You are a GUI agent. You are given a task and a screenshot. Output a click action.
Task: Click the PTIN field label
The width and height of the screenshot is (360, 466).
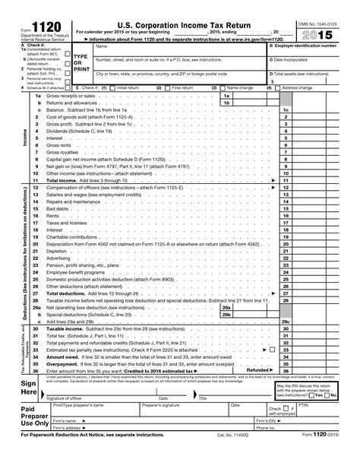(x=322, y=407)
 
